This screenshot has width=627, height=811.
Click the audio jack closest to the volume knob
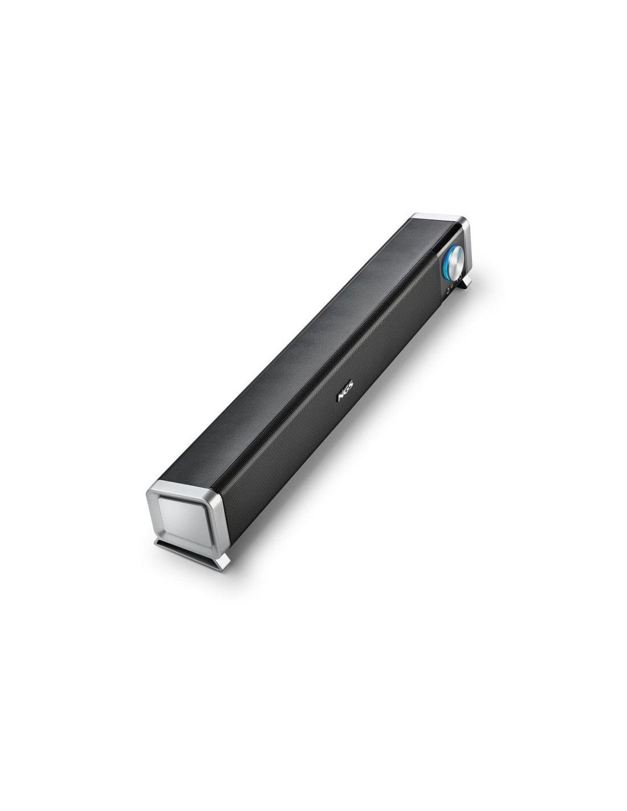pos(460,277)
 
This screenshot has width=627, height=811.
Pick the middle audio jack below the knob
pos(452,286)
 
